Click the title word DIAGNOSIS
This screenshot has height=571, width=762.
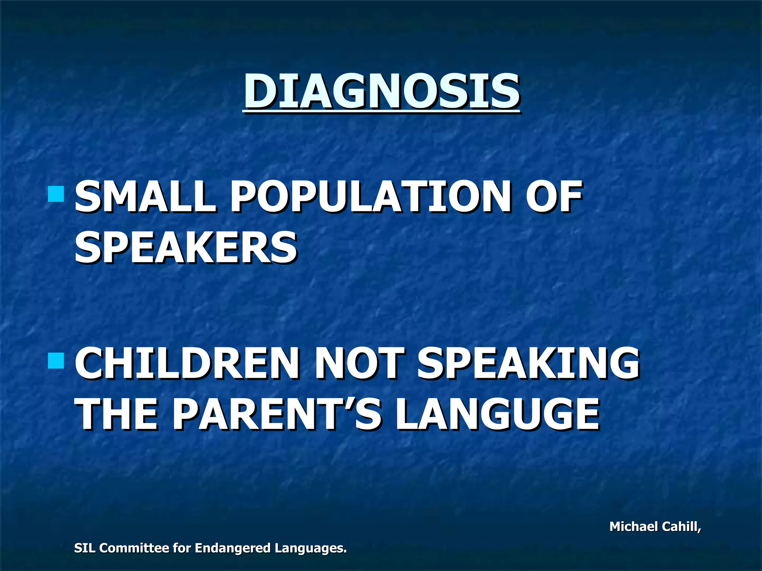pyautogui.click(x=381, y=91)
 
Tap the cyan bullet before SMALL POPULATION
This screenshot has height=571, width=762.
pyautogui.click(x=56, y=194)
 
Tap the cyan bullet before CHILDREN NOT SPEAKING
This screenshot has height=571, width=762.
pyautogui.click(x=56, y=361)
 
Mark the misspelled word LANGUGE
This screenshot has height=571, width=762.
pyautogui.click(x=497, y=413)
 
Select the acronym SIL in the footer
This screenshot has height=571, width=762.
pyautogui.click(x=84, y=548)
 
